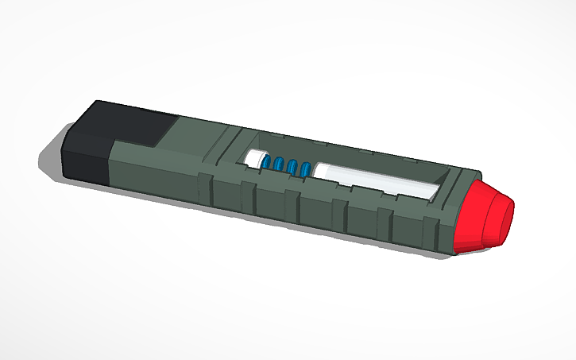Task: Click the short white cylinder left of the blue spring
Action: tap(256, 159)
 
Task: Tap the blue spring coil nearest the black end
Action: tap(268, 163)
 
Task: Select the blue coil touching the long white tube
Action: tap(306, 169)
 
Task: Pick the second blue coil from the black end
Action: tap(280, 165)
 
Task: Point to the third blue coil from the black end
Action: tap(293, 168)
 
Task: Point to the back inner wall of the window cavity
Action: tap(358, 155)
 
